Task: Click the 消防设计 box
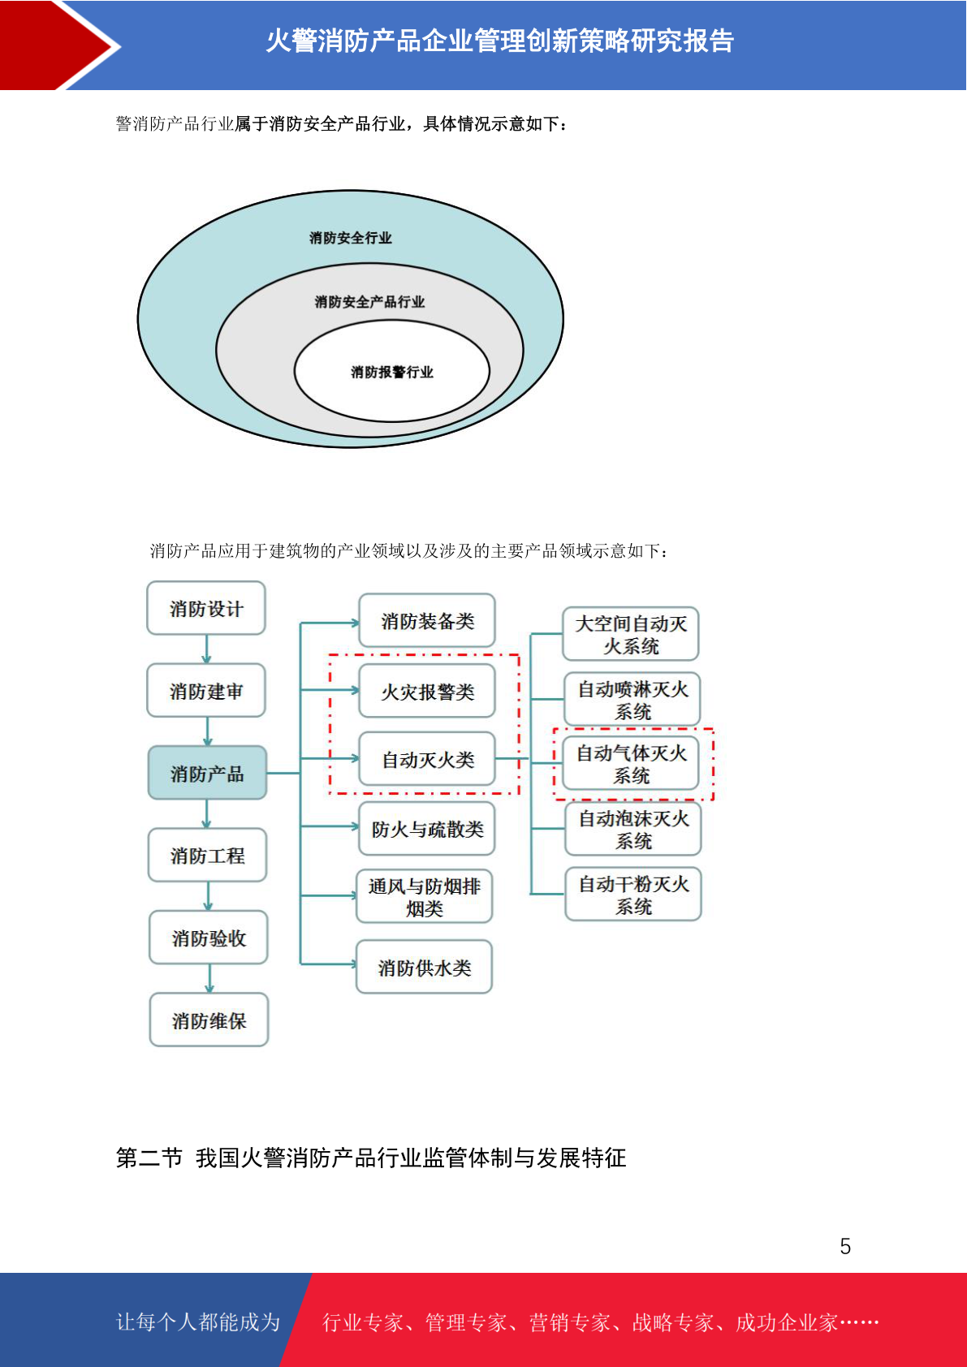click(x=206, y=608)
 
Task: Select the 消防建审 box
click(x=206, y=690)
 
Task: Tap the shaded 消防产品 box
click(x=208, y=773)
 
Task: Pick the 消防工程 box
click(x=208, y=855)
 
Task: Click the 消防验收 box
click(x=209, y=938)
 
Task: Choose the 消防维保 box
click(x=209, y=1020)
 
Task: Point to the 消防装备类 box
click(x=427, y=620)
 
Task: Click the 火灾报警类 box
click(x=427, y=691)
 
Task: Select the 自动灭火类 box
click(x=427, y=758)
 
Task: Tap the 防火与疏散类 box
click(x=427, y=829)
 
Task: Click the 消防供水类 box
click(x=425, y=967)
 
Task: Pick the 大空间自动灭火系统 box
click(x=631, y=633)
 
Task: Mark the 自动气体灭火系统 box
click(x=631, y=763)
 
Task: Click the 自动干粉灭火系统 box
click(x=633, y=894)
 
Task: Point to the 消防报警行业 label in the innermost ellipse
click(x=392, y=372)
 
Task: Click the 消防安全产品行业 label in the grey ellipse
click(x=369, y=301)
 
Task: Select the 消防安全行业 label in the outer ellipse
click(x=351, y=237)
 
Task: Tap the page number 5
click(x=845, y=1246)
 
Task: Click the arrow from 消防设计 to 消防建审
click(x=206, y=649)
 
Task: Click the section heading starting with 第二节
click(x=371, y=1158)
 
